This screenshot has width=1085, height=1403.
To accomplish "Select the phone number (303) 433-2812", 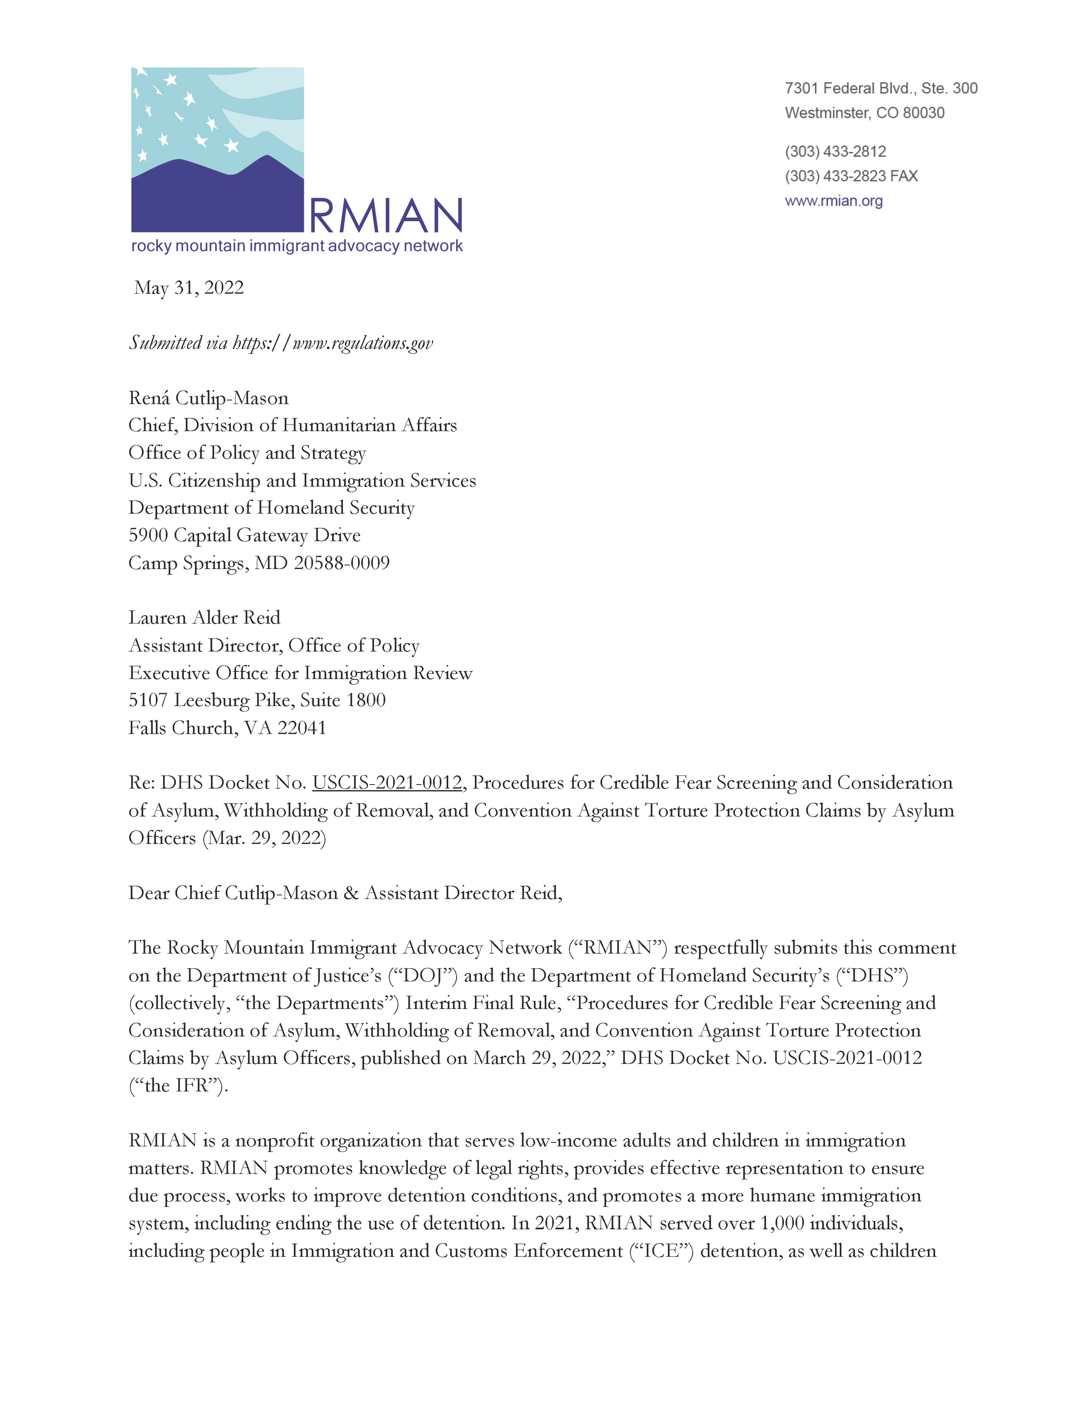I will coord(835,152).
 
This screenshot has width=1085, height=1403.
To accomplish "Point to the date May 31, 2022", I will coord(189,288).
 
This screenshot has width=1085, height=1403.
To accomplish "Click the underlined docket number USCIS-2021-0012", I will coord(387,782).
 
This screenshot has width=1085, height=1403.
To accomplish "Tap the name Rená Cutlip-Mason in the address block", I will coord(208,398).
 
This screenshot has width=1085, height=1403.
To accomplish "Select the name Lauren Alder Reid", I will coord(204,618).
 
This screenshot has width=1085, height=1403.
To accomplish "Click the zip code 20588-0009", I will coord(341,563).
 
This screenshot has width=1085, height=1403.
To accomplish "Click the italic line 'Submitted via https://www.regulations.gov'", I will coord(281,343).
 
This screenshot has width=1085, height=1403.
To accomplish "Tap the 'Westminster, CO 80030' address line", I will coord(865,113).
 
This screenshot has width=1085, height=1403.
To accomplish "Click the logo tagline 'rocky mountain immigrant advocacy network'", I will coord(296,246).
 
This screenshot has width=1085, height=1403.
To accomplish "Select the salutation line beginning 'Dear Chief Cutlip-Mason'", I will coord(345,893).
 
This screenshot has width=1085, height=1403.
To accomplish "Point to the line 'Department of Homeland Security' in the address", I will coord(271,508).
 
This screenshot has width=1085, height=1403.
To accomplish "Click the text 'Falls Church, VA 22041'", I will coord(227,728).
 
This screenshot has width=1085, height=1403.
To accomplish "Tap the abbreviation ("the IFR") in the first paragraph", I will coord(178,1086).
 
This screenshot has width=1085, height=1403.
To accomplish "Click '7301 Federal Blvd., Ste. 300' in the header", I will coord(881,88).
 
